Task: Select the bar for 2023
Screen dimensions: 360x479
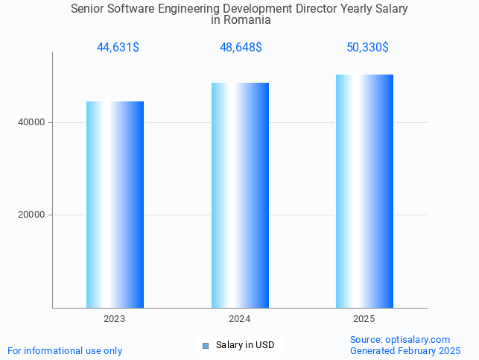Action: pyautogui.click(x=115, y=204)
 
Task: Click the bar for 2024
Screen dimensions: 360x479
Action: pyautogui.click(x=240, y=195)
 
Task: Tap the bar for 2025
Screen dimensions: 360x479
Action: pyautogui.click(x=364, y=191)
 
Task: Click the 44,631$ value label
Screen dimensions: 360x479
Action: pyautogui.click(x=118, y=48)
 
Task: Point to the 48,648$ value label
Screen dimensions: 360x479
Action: pyautogui.click(x=241, y=48)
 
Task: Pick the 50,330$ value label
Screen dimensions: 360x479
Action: pyautogui.click(x=367, y=48)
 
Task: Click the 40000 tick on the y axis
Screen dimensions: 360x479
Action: pyautogui.click(x=31, y=122)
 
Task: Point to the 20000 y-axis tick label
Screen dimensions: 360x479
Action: pyautogui.click(x=31, y=215)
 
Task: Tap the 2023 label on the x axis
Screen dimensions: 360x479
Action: pyautogui.click(x=115, y=319)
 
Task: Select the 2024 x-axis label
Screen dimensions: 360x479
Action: pyautogui.click(x=240, y=319)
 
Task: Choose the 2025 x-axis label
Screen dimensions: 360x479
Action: pyautogui.click(x=364, y=319)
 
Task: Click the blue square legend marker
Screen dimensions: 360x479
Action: pyautogui.click(x=206, y=345)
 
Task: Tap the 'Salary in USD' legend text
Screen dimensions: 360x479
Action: pyautogui.click(x=245, y=345)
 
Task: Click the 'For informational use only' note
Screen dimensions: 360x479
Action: pyautogui.click(x=65, y=350)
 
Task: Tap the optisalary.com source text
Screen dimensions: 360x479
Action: pyautogui.click(x=400, y=339)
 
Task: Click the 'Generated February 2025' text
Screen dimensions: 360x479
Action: pyautogui.click(x=405, y=350)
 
